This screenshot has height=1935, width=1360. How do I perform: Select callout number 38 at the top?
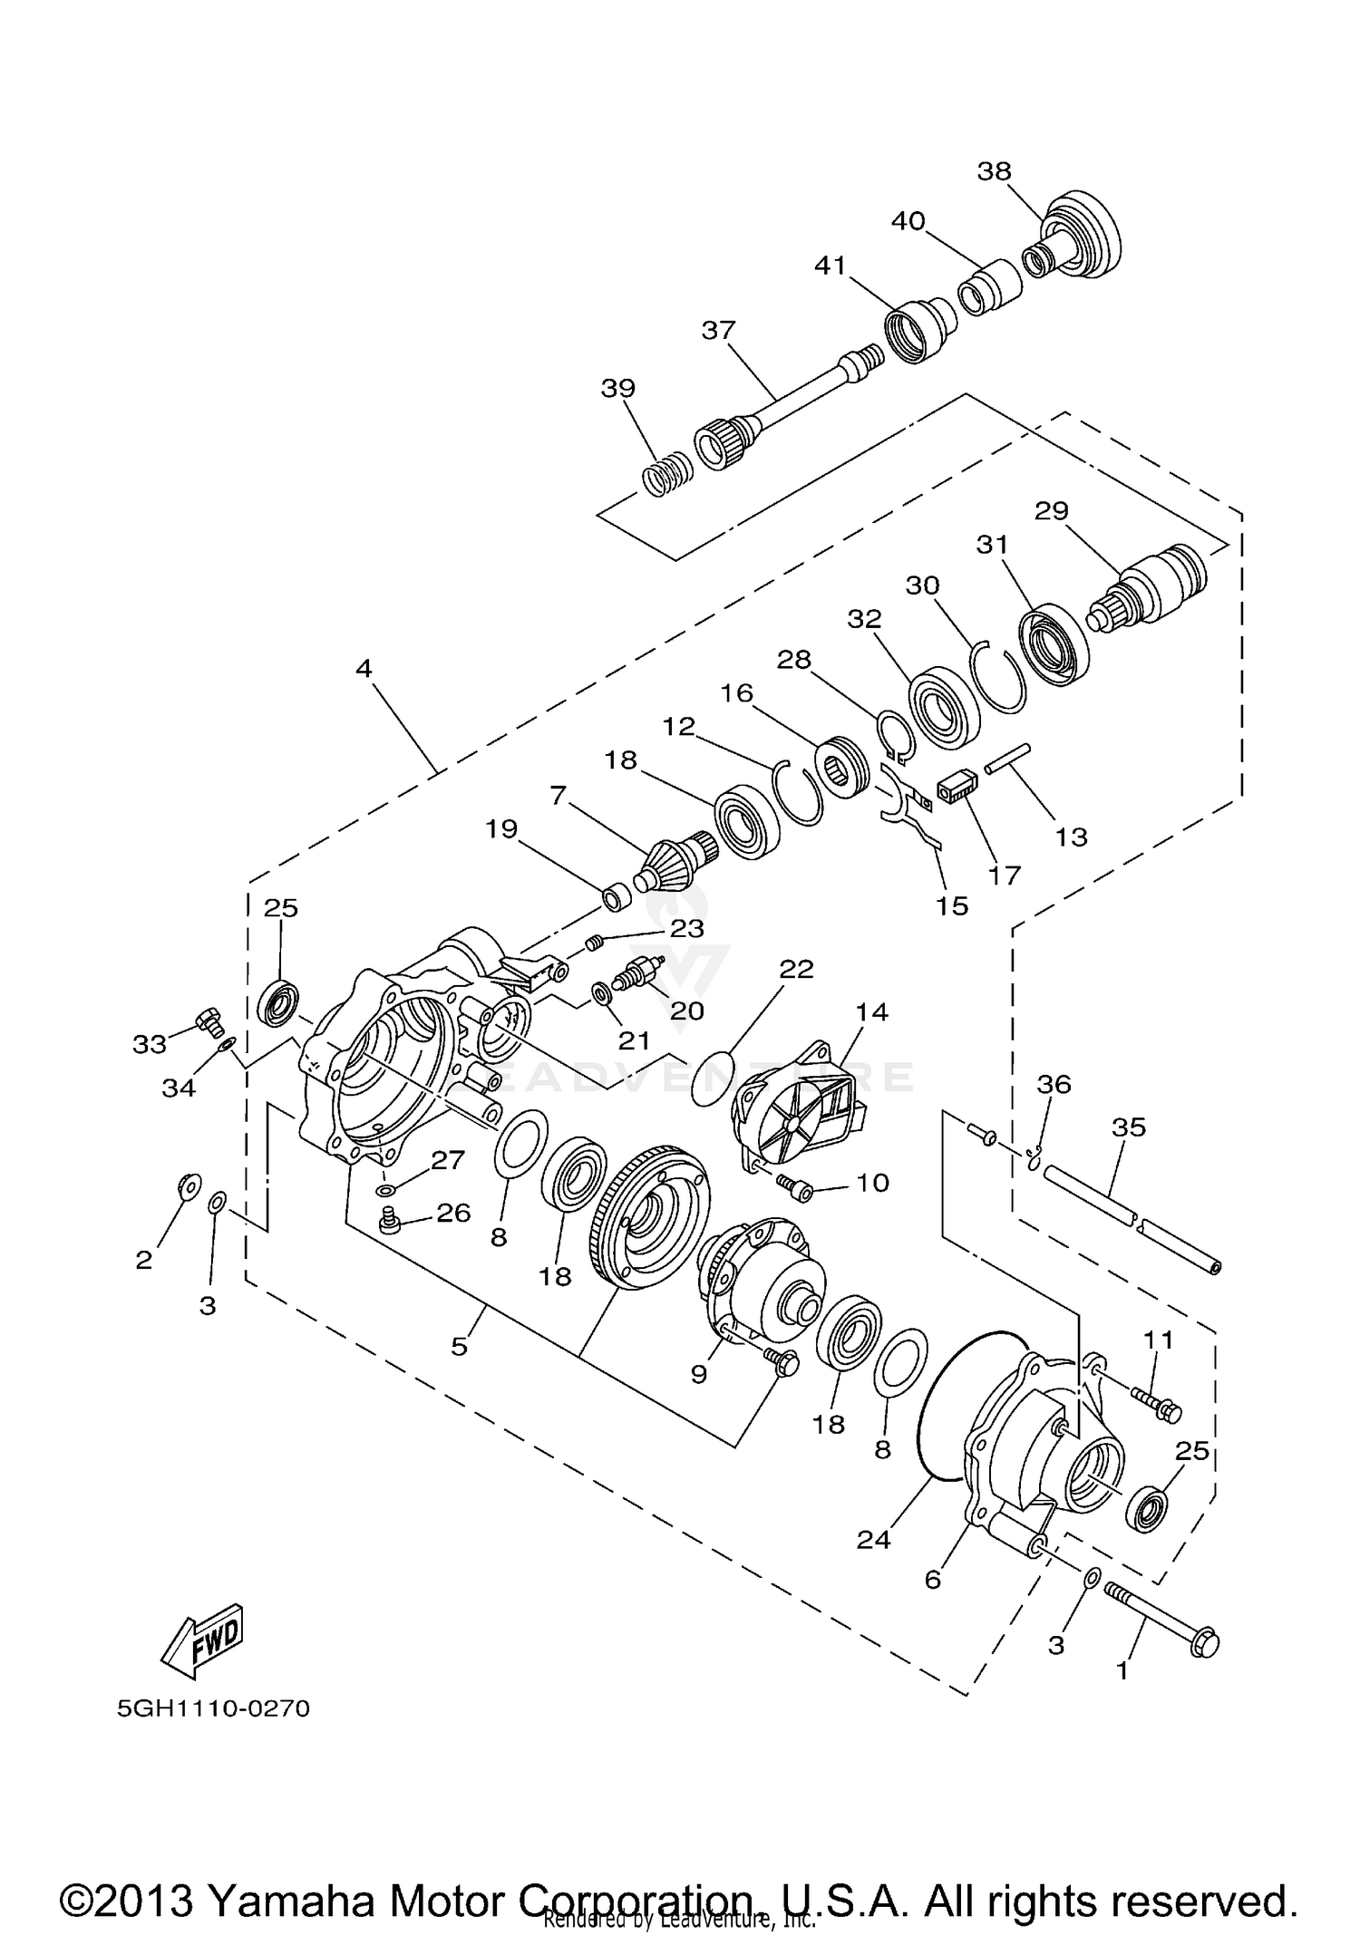995,171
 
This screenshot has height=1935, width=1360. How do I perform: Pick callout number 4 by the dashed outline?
364,669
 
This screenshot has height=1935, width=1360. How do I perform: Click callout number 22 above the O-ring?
796,969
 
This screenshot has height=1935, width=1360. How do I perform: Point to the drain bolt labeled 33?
209,1022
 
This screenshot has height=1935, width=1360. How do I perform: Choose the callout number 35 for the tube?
1129,1127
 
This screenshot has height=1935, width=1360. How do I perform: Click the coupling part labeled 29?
1161,585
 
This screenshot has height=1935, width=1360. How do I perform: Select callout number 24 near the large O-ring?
874,1539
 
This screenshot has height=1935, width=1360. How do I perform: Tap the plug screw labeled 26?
391,1220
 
